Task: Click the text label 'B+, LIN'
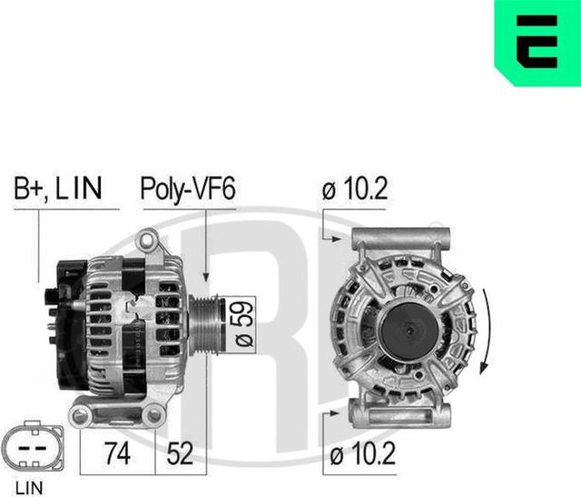pyautogui.click(x=57, y=189)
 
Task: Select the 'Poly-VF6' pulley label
pyautogui.click(x=188, y=189)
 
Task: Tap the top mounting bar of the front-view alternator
pyautogui.click(x=400, y=238)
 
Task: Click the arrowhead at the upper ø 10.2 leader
pyautogui.click(x=344, y=240)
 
